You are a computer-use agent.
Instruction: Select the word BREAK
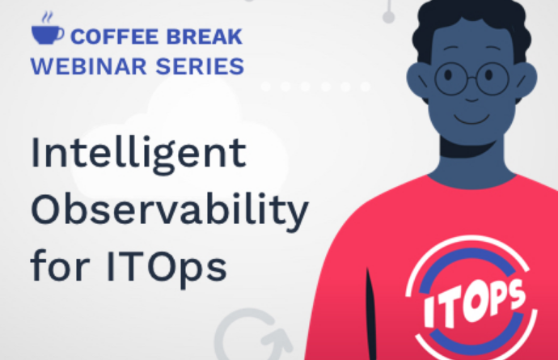click(205, 36)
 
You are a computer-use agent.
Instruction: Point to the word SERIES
click(200, 66)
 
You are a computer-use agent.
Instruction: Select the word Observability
click(170, 210)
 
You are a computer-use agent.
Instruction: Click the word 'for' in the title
click(60, 265)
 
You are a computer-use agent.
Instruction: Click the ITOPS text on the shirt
click(474, 302)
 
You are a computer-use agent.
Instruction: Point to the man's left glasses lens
click(450, 78)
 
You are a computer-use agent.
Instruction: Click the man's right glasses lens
click(492, 78)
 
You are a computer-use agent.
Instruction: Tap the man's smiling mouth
click(471, 120)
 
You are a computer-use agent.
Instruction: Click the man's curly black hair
click(471, 21)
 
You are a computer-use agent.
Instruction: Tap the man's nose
click(471, 98)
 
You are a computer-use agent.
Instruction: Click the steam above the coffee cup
click(48, 18)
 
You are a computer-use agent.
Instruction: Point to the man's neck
click(471, 160)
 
